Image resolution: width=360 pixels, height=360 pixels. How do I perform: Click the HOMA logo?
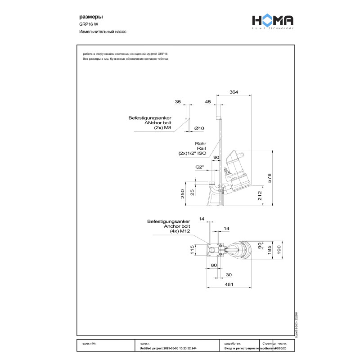pos(272,21)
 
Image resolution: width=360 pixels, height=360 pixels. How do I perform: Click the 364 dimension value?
pos(234,92)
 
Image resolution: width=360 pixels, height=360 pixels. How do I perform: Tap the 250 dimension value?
pos(183,193)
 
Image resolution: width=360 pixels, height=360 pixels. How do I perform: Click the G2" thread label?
pos(200,167)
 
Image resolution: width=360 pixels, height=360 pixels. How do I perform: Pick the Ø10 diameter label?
pos(199,128)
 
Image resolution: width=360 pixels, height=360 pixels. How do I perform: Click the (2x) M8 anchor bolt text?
pos(163,128)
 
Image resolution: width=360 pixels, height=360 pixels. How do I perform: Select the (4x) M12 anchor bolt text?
pos(180,231)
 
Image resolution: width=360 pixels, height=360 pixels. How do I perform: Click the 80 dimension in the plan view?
pos(214,265)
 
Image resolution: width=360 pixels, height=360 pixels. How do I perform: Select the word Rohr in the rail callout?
pos(201,144)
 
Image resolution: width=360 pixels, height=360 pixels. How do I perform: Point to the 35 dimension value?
pos(178,102)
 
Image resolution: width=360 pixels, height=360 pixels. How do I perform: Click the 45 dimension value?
pos(208,102)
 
